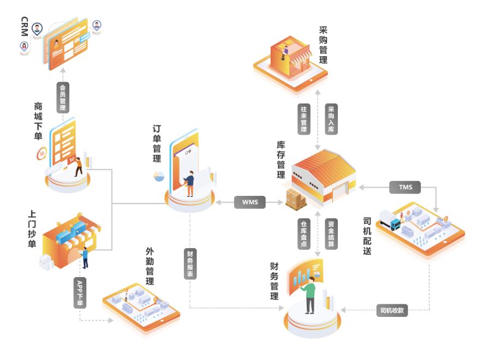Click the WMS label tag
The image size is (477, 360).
pyautogui.click(x=249, y=202)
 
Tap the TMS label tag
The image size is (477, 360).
pyautogui.click(x=405, y=188)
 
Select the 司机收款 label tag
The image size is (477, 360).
pyautogui.click(x=392, y=311)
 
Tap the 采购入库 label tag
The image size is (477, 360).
pyautogui.click(x=331, y=119)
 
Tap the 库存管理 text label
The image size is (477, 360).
pyautogui.click(x=281, y=160)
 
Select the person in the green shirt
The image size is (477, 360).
pyautogui.click(x=310, y=295)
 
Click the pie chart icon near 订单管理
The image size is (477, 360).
pyautogui.click(x=159, y=176)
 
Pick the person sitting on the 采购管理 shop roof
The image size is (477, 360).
pyautogui.click(x=284, y=52)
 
